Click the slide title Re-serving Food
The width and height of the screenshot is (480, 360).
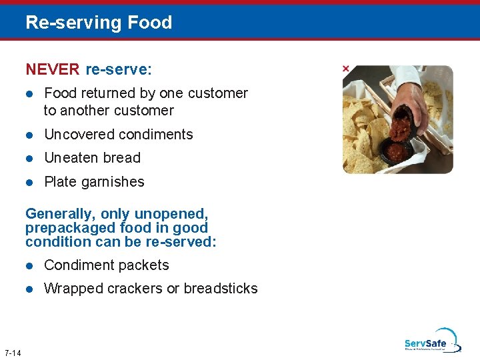[99, 23]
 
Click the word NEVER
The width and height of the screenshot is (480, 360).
[53, 69]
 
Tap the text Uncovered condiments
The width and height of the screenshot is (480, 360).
[118, 135]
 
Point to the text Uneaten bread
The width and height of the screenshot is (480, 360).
[92, 158]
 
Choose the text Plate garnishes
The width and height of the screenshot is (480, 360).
[94, 182]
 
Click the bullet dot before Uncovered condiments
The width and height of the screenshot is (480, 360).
[29, 135]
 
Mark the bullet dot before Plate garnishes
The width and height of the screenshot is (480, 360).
[29, 182]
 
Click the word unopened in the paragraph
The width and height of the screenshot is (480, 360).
[171, 214]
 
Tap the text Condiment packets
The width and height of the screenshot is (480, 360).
[106, 265]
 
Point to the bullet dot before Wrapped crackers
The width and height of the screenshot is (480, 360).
[29, 289]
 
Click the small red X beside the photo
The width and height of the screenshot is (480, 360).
[345, 69]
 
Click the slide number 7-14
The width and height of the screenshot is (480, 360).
[12, 353]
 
